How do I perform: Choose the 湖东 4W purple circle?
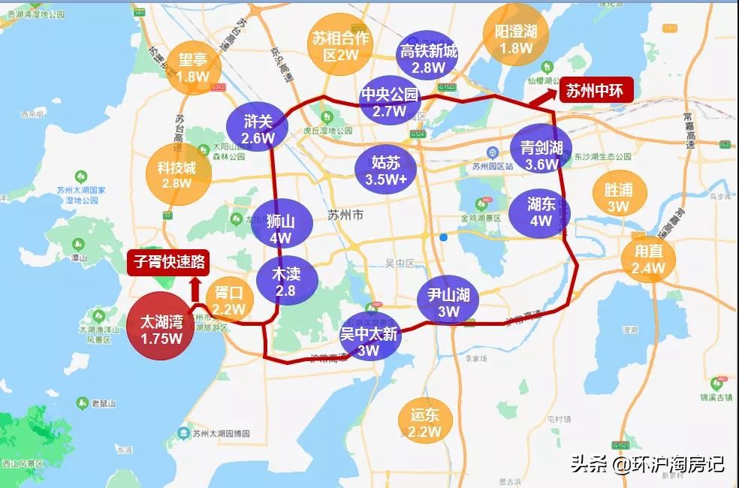539,212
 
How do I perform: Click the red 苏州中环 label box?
595,90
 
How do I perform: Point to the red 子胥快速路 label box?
169,263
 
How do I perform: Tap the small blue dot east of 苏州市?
444,237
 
